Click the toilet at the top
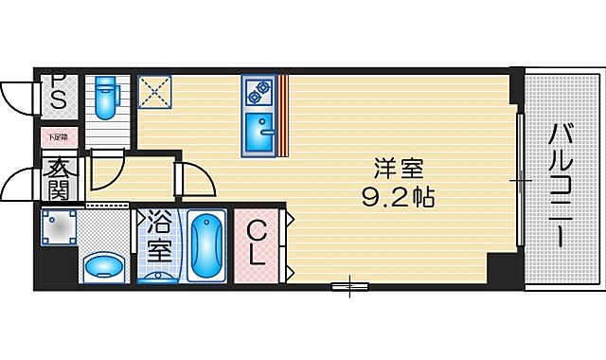click(104, 98)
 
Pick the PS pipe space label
click(57, 92)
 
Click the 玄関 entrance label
click(59, 177)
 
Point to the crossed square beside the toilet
click(152, 92)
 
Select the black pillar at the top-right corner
click(515, 88)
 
